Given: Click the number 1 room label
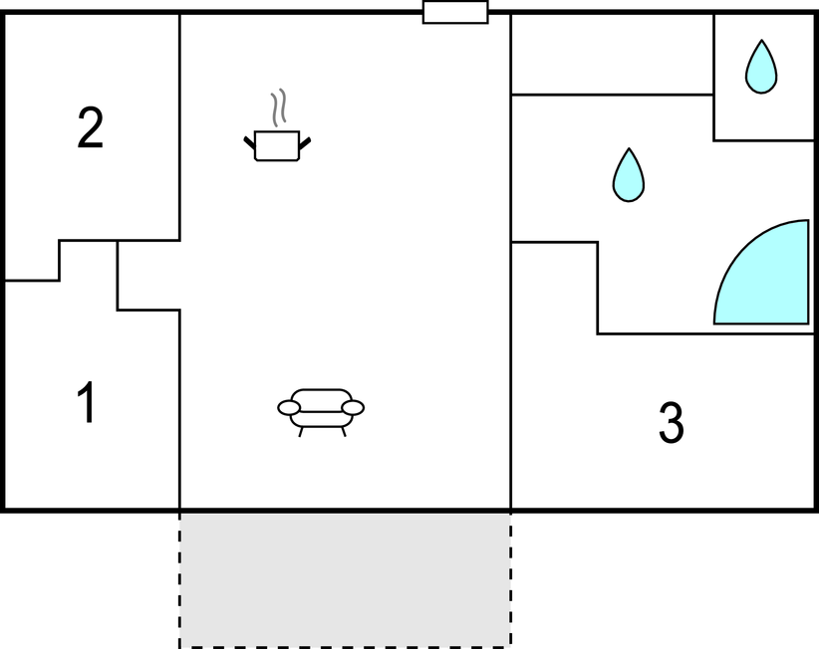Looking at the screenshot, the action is [87, 402].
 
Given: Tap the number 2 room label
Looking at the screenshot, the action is [90, 127].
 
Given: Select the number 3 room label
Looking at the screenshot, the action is [671, 422].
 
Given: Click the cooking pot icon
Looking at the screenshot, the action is [277, 125].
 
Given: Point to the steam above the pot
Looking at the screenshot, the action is [279, 108].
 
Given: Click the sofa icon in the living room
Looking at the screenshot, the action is [321, 412].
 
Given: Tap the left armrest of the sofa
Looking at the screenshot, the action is [289, 407].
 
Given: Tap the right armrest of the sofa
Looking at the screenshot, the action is [353, 407].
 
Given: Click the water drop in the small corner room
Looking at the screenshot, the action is [761, 67].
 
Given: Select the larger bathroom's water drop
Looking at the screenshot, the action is [629, 175].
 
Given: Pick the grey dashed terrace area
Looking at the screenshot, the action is [346, 580].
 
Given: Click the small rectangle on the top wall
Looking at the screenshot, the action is [455, 12].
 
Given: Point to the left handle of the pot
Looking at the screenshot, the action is [250, 143].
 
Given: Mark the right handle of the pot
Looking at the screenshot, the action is [305, 143].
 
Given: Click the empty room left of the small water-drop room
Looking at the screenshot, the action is [612, 55].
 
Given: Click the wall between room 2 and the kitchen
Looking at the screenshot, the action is [180, 126].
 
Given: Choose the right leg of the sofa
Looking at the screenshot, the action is [343, 431].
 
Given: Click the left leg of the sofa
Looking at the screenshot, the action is [301, 431].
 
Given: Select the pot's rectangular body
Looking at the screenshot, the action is [277, 146].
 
